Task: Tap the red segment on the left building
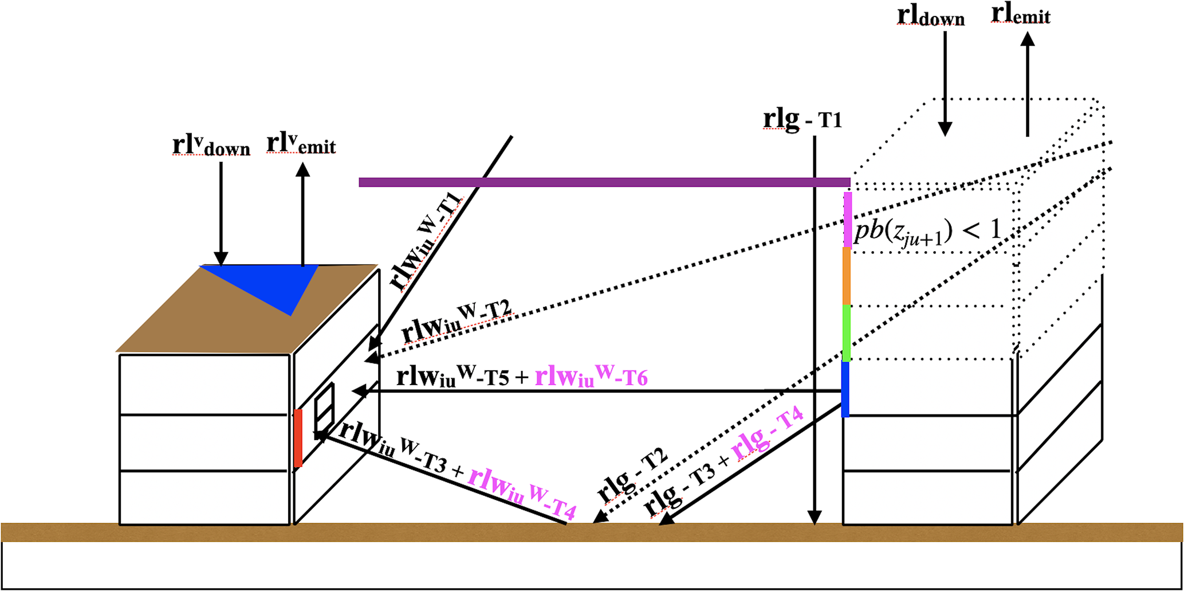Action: coord(298,439)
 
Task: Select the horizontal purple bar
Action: coord(604,182)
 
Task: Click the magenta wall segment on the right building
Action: coord(848,220)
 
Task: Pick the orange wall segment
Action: coord(847,276)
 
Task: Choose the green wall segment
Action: coord(847,332)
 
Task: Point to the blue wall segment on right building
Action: coord(845,389)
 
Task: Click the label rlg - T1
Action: coord(802,119)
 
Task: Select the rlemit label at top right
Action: coord(1021,14)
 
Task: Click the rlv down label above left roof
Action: coord(211,146)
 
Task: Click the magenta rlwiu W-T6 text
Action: coord(591,377)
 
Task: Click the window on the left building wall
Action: coord(324,412)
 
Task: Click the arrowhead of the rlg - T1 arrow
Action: coord(814,518)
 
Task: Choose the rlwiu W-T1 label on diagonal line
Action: coord(427,241)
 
